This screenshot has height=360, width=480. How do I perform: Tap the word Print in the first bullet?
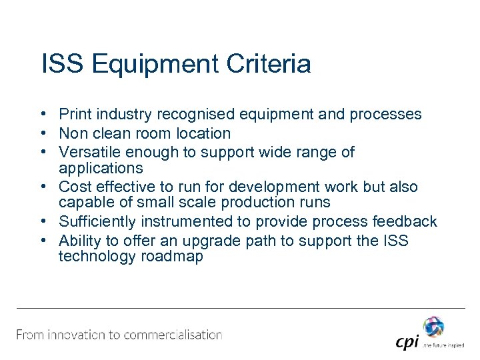click(x=74, y=114)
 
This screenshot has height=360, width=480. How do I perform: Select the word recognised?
click(x=190, y=114)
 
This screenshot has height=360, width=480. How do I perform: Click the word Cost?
click(x=73, y=187)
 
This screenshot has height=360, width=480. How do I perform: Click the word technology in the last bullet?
click(x=97, y=257)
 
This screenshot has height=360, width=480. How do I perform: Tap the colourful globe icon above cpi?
click(x=433, y=326)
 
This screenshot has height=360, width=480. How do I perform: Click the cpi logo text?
click(x=407, y=342)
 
